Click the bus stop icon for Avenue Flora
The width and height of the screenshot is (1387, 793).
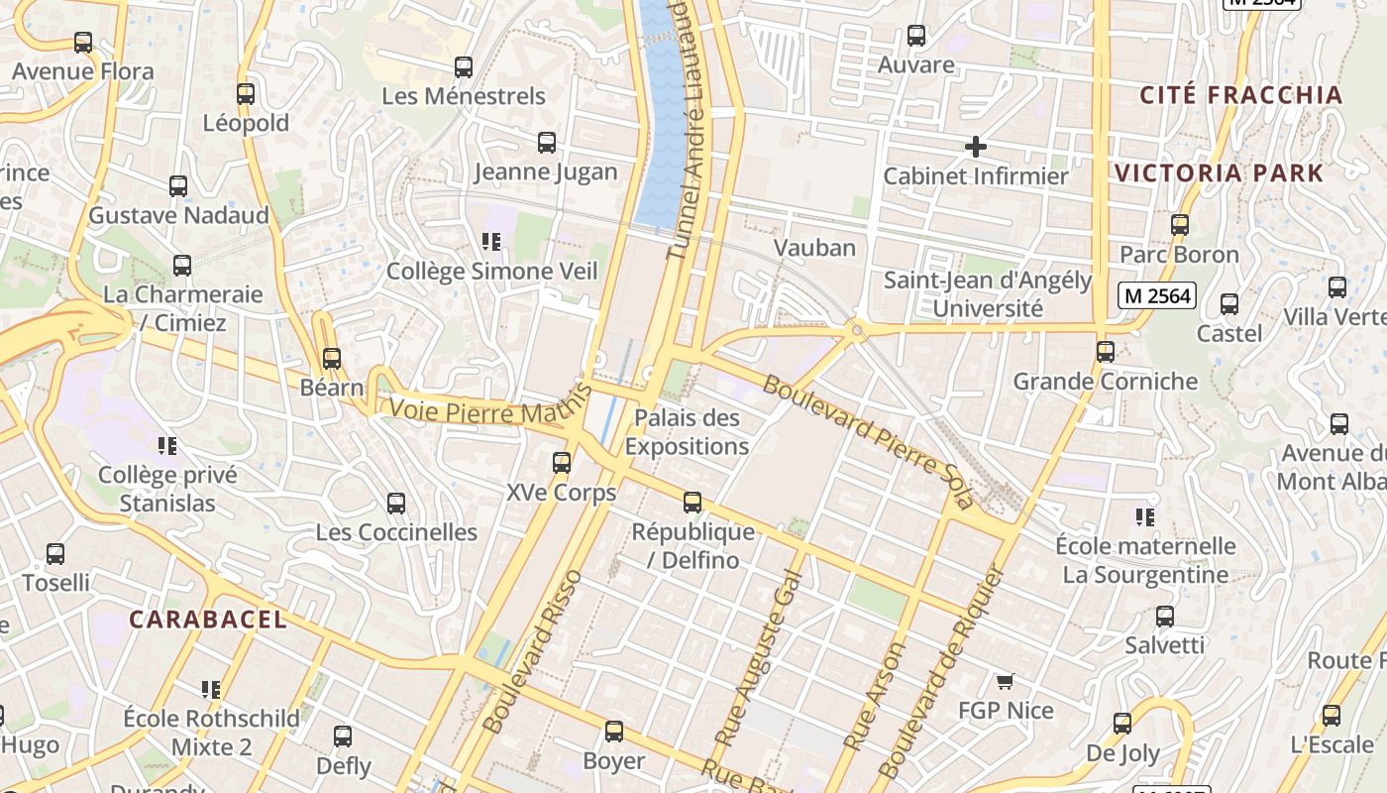coord(83,43)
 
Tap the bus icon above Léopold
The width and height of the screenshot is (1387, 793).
coord(246,94)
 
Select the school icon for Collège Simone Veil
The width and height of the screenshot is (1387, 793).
coord(490,241)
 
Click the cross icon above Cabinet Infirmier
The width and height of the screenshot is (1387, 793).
coord(975,147)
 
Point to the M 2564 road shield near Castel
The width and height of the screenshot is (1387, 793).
coord(1156,294)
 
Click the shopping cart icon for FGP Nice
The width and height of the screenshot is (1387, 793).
coord(1006,681)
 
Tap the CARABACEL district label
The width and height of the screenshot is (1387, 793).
coord(208,620)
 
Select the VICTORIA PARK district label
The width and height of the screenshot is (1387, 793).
coord(1219,172)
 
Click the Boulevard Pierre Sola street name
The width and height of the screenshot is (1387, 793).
coord(867,441)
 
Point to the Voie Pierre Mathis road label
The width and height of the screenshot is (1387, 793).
coord(480,411)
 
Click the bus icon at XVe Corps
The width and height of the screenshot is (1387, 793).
coord(562,462)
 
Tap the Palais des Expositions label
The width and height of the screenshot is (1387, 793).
coord(687,432)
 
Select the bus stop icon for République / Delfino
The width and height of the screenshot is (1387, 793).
coord(693,503)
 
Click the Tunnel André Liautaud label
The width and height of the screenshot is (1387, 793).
coord(691,129)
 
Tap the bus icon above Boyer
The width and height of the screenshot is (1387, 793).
coord(614,732)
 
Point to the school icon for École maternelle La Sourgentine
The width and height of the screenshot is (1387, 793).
coord(1145,516)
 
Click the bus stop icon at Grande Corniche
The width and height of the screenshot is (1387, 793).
coord(1106,351)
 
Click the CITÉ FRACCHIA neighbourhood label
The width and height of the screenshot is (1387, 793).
coord(1240,95)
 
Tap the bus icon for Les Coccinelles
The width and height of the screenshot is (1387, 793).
coord(396,503)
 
